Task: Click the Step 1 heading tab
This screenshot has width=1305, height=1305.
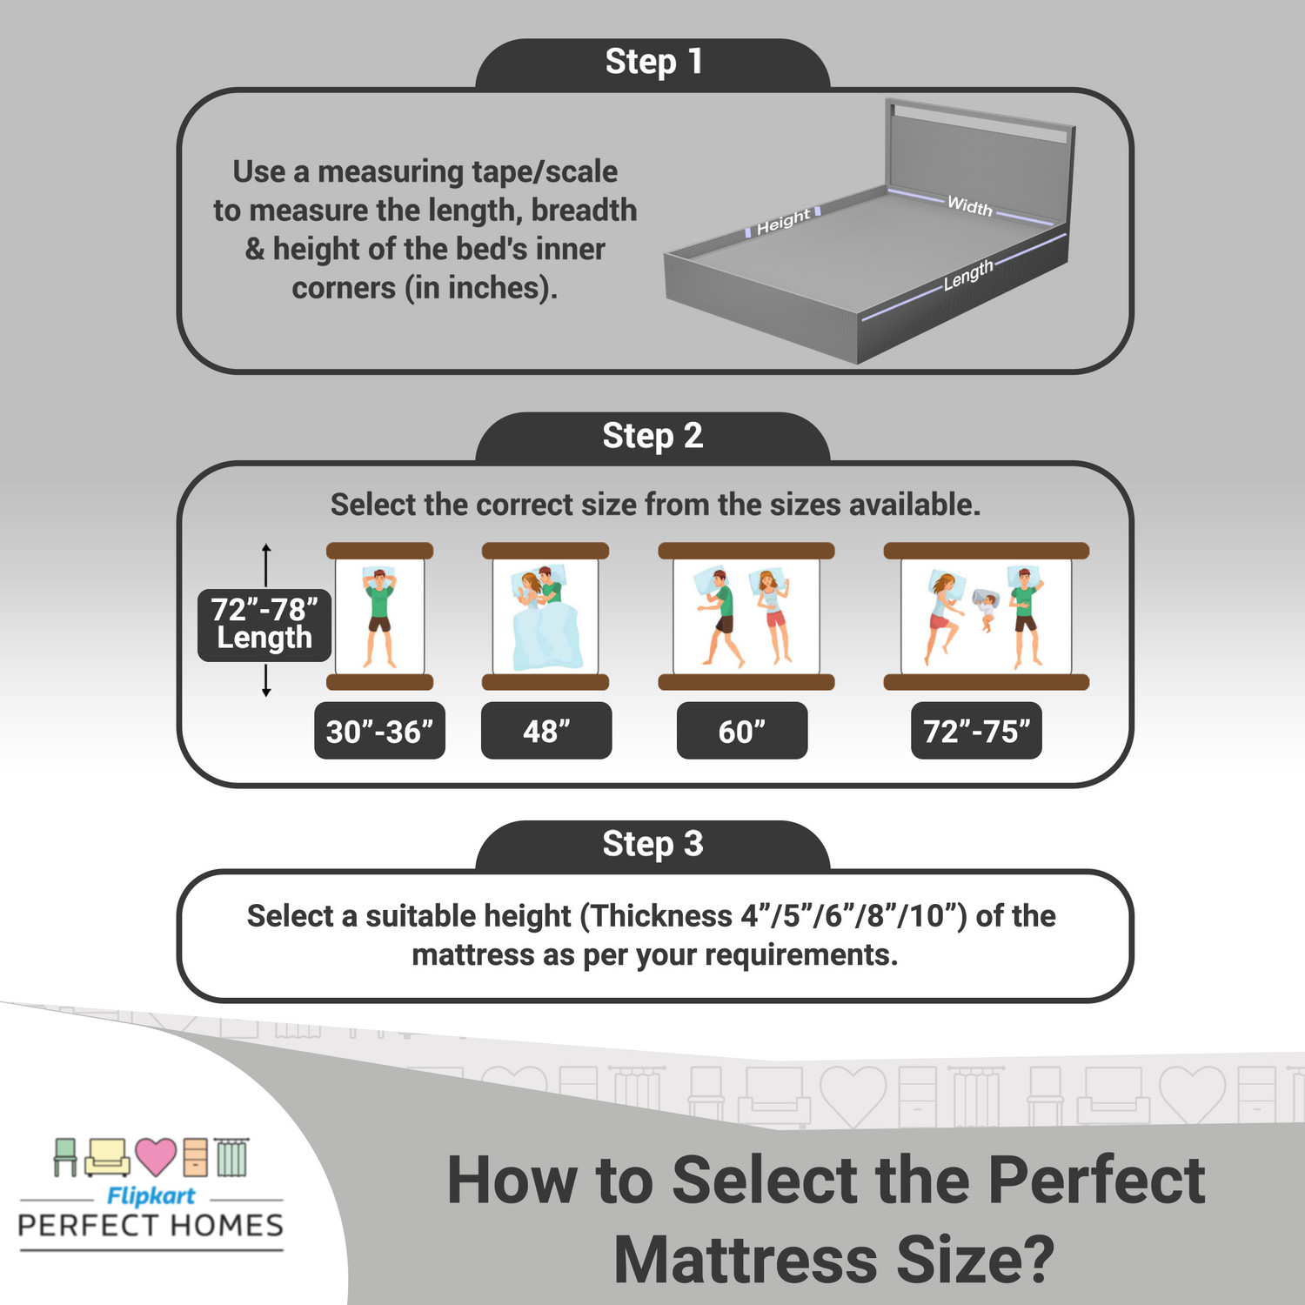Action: tap(652, 63)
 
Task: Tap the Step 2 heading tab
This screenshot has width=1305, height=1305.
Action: tap(652, 436)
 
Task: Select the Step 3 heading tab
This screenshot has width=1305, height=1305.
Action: tap(652, 844)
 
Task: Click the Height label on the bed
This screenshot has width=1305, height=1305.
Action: tap(783, 222)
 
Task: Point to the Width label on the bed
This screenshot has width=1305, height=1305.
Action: tap(969, 206)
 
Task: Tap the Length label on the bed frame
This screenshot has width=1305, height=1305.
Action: tap(967, 275)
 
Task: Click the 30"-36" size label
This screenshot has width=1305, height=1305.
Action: tap(379, 732)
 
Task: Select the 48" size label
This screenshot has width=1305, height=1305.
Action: tap(546, 732)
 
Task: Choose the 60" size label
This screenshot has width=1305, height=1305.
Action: tap(742, 732)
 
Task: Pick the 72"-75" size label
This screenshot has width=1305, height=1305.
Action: tap(976, 732)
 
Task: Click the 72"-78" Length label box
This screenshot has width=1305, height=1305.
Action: tap(264, 624)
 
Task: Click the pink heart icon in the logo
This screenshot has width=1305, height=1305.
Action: tap(156, 1156)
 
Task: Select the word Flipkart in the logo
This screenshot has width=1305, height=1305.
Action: tap(151, 1196)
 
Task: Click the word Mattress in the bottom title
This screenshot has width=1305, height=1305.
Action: tap(745, 1260)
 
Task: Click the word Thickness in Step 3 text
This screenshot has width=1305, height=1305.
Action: tap(662, 916)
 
